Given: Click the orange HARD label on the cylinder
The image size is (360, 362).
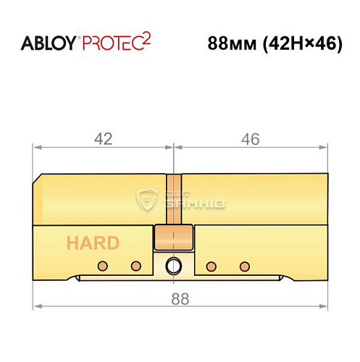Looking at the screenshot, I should (91, 243).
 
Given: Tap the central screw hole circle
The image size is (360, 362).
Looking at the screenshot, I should (174, 266).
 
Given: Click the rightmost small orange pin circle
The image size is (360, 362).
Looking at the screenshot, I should (244, 264).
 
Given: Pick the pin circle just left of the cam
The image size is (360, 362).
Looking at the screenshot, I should (135, 264).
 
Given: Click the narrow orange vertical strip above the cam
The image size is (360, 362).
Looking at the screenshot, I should (174, 199).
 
